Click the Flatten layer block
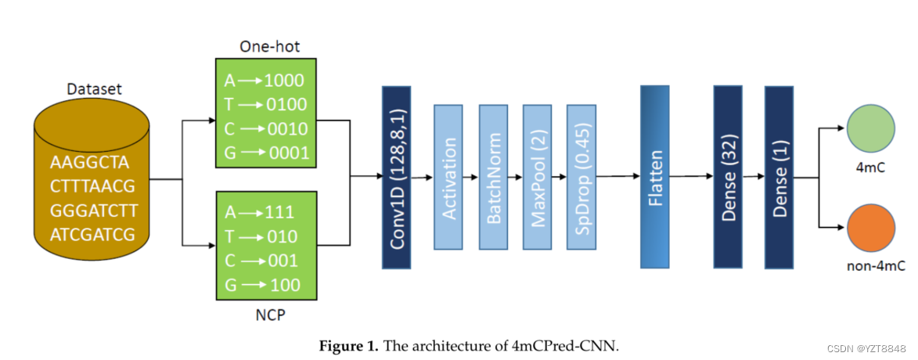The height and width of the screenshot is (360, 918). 655,178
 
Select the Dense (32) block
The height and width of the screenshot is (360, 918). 728,178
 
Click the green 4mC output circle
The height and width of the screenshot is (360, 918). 870,129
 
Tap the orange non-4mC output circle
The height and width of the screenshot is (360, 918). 870,228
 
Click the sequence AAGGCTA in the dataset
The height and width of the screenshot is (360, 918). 89,163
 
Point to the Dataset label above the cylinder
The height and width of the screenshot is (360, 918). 94,89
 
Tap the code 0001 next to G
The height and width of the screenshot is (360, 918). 289,153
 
